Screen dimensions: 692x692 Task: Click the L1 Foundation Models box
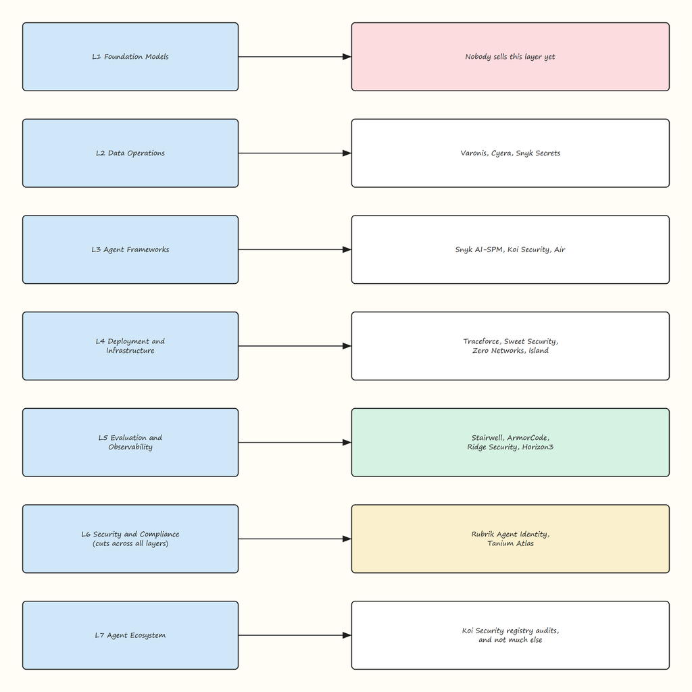pos(130,57)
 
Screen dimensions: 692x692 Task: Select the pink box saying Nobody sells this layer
pos(510,57)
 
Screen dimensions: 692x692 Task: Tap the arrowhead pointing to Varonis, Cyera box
pos(347,153)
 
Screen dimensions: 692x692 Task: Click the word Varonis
pos(474,153)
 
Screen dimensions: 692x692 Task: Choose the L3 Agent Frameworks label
pos(130,250)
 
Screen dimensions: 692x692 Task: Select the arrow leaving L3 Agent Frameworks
pos(295,250)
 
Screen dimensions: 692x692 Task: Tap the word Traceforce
pos(482,341)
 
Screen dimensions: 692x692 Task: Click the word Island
pos(539,351)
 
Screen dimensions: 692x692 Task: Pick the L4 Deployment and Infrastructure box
pos(130,346)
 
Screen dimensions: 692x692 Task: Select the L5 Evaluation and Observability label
pos(130,442)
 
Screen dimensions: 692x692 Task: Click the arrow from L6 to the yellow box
pos(295,539)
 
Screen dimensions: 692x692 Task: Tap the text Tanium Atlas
pos(510,543)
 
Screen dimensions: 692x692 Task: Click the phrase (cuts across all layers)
pos(130,544)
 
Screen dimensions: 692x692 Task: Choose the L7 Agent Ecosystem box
pos(130,635)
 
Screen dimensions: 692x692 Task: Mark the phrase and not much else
pos(510,640)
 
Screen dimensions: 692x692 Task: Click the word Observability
pos(130,447)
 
